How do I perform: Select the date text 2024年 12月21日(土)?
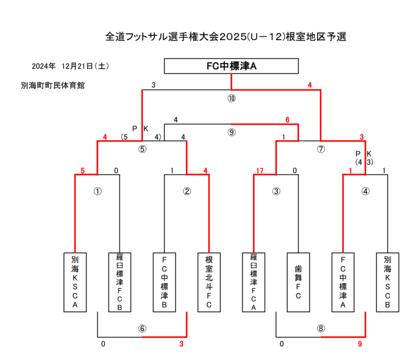63,66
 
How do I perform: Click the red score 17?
260,170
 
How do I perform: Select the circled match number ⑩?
231,98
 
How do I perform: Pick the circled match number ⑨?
231,133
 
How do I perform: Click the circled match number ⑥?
142,328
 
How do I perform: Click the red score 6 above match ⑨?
287,120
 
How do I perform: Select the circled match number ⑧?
321,328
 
